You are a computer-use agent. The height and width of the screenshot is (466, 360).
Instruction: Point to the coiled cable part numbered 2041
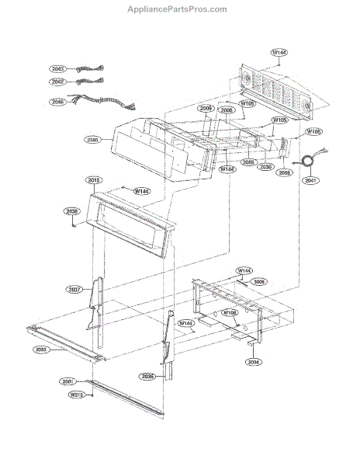coord(311,162)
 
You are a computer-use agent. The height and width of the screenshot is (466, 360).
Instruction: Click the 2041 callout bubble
coord(311,180)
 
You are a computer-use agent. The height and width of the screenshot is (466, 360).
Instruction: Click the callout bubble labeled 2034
coord(254,362)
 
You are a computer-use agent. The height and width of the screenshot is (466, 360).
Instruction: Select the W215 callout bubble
coord(76,395)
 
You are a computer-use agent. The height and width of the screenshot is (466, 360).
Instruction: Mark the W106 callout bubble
coord(230,313)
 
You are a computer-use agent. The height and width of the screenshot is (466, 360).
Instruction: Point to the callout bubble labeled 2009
coord(206,109)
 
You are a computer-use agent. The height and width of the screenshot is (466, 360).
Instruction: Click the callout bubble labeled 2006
coord(227,110)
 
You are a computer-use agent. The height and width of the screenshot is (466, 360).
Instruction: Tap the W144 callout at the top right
coord(279,53)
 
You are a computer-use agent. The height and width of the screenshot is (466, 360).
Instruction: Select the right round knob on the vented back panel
coord(305,106)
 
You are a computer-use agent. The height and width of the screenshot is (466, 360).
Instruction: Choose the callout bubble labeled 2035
coord(147,376)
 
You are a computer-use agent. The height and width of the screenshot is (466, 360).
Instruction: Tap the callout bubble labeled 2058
coord(285,173)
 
